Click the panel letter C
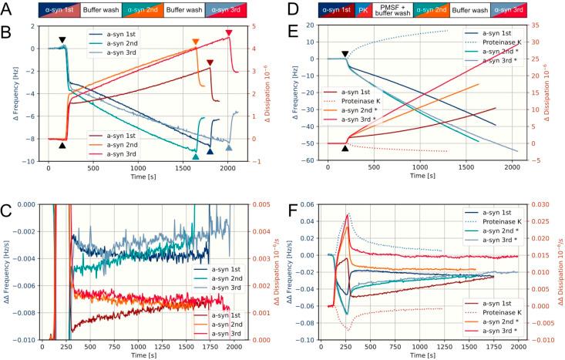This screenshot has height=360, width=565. [6, 209]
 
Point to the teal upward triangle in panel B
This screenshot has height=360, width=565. [195, 156]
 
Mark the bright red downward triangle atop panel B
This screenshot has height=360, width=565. [229, 33]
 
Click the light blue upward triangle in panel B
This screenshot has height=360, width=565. [229, 147]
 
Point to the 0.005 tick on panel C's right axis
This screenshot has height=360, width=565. [263, 204]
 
